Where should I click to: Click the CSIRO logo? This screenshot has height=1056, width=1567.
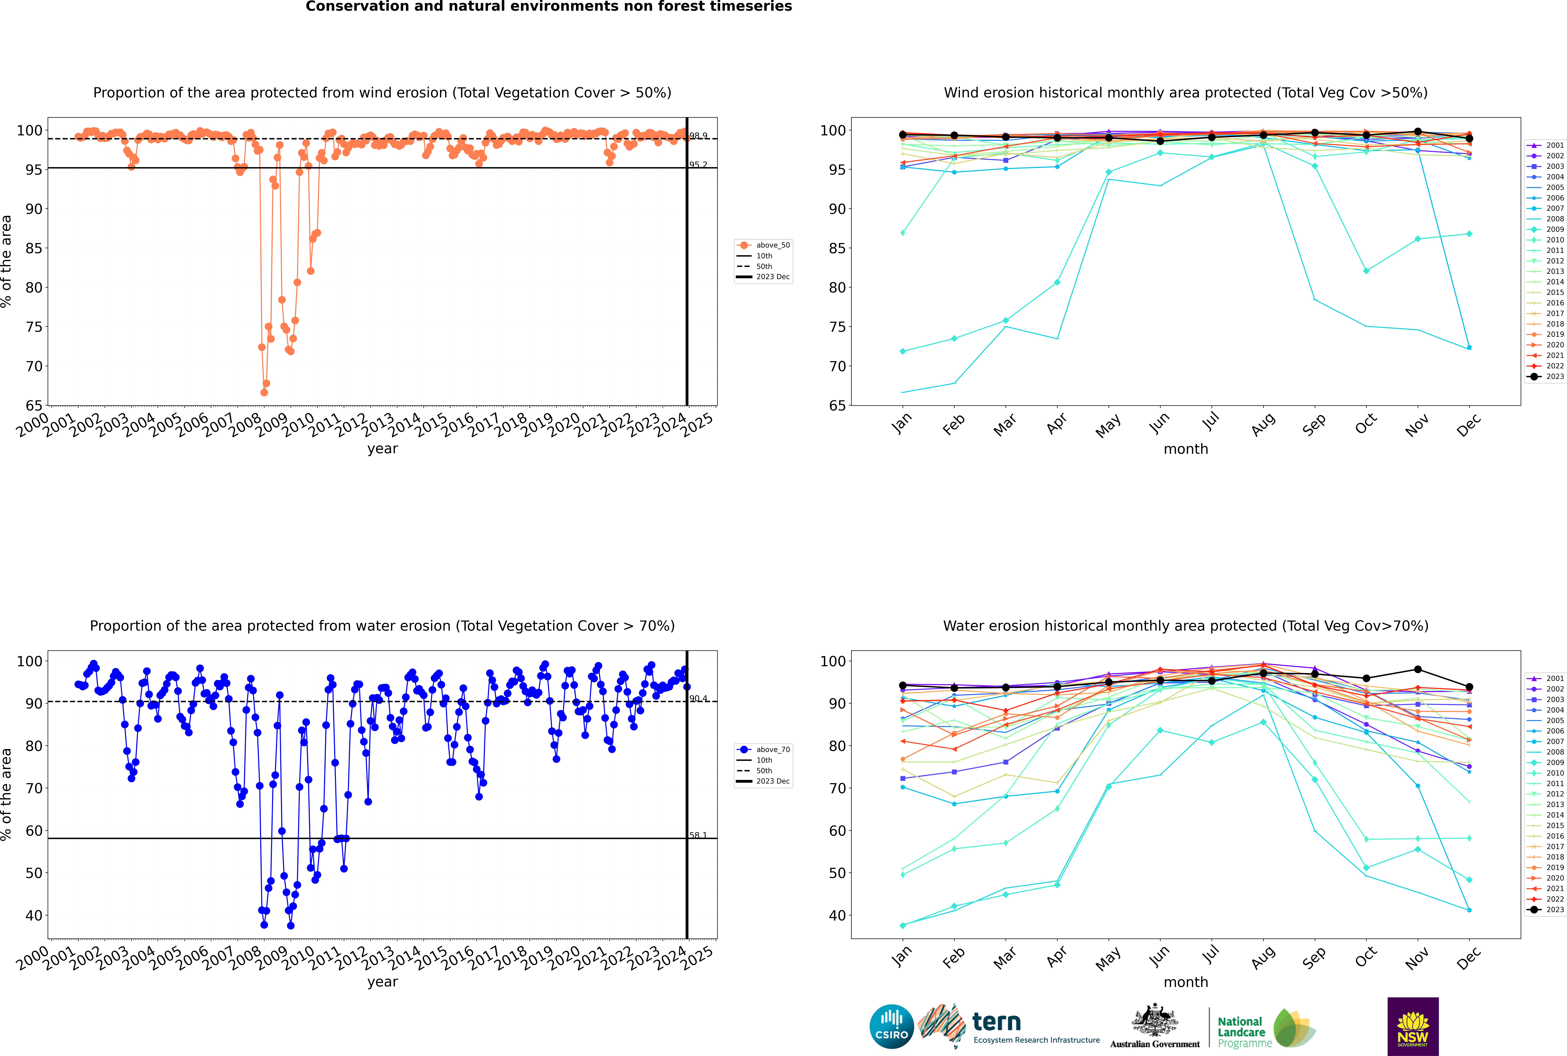click(891, 1026)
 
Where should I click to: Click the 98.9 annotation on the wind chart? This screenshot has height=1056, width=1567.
click(698, 136)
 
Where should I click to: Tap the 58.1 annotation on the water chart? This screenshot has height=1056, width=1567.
click(698, 835)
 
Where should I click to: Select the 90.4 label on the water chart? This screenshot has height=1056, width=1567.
click(698, 698)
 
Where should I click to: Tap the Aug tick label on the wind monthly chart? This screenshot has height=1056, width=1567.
click(1263, 424)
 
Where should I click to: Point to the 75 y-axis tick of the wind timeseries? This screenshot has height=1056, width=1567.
click(34, 327)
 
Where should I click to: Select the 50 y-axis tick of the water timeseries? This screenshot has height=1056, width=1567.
click(34, 873)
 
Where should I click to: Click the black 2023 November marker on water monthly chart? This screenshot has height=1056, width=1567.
click(1417, 669)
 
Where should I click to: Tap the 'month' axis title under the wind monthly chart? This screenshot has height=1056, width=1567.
click(1186, 449)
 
